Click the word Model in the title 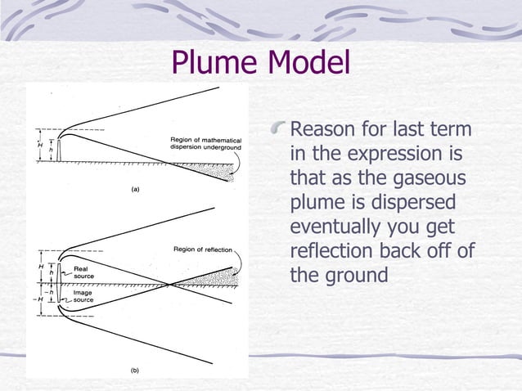point(309,63)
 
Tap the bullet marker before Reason point(280,128)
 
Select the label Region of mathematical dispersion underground point(205,143)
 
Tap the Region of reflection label point(204,249)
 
